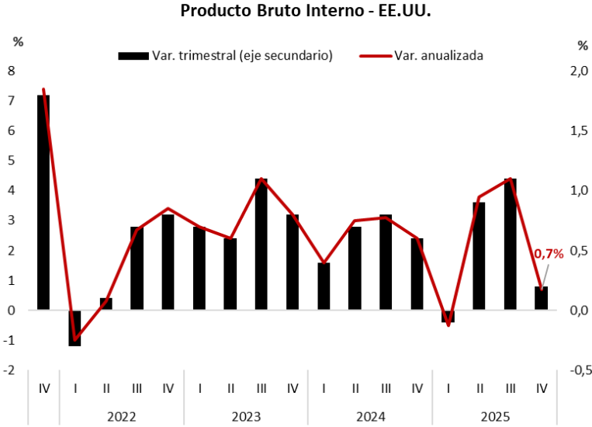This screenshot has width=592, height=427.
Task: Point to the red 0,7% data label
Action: pos(549,254)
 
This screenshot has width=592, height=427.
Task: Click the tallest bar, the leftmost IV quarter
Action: pos(43,202)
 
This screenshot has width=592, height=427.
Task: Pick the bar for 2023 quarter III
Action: pos(261,244)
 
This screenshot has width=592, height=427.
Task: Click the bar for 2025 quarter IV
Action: pos(541,298)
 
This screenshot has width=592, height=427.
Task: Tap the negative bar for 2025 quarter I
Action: pos(448,316)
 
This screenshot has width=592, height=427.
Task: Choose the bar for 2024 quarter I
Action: pos(324,286)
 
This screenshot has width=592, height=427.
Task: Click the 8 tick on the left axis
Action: pos(11,71)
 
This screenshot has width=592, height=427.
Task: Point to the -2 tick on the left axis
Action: pos(9,370)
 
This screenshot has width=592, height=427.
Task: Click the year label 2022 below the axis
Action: pos(121,416)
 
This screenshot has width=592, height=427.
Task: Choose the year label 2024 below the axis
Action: pos(370,416)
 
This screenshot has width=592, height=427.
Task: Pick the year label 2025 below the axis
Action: pos(494,416)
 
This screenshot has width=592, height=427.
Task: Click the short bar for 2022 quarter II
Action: pos(106,304)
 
